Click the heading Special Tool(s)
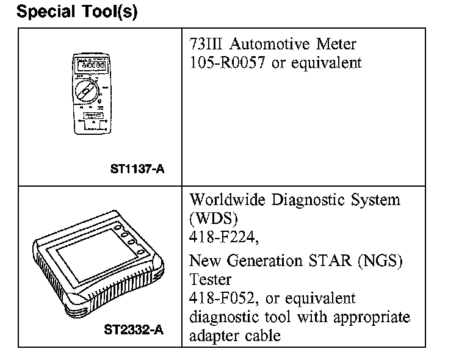(x=77, y=12)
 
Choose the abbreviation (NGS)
(x=383, y=261)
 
